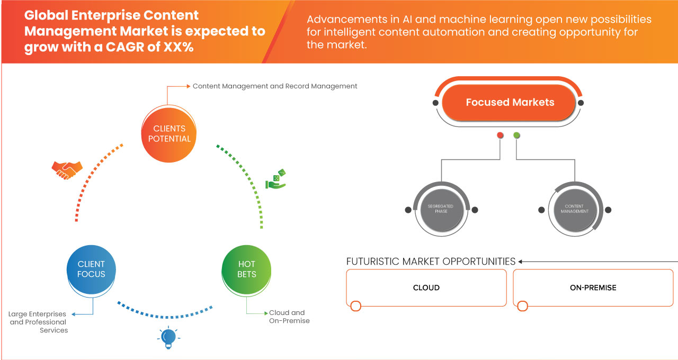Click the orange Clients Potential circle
point(169,133)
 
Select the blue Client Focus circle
point(91,269)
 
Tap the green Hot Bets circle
point(246,269)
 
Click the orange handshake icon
point(67,170)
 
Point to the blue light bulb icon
point(168,337)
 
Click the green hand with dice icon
point(275,179)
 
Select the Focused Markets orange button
point(510,103)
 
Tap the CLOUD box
point(426,287)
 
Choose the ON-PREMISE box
point(593,287)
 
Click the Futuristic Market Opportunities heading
point(431,262)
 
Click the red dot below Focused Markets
point(500,136)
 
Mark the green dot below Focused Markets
point(517,136)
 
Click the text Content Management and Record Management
point(275,86)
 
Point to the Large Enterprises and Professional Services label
point(39,322)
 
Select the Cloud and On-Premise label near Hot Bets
point(289,317)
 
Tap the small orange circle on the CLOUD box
point(356,306)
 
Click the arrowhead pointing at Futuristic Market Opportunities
point(521,262)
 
